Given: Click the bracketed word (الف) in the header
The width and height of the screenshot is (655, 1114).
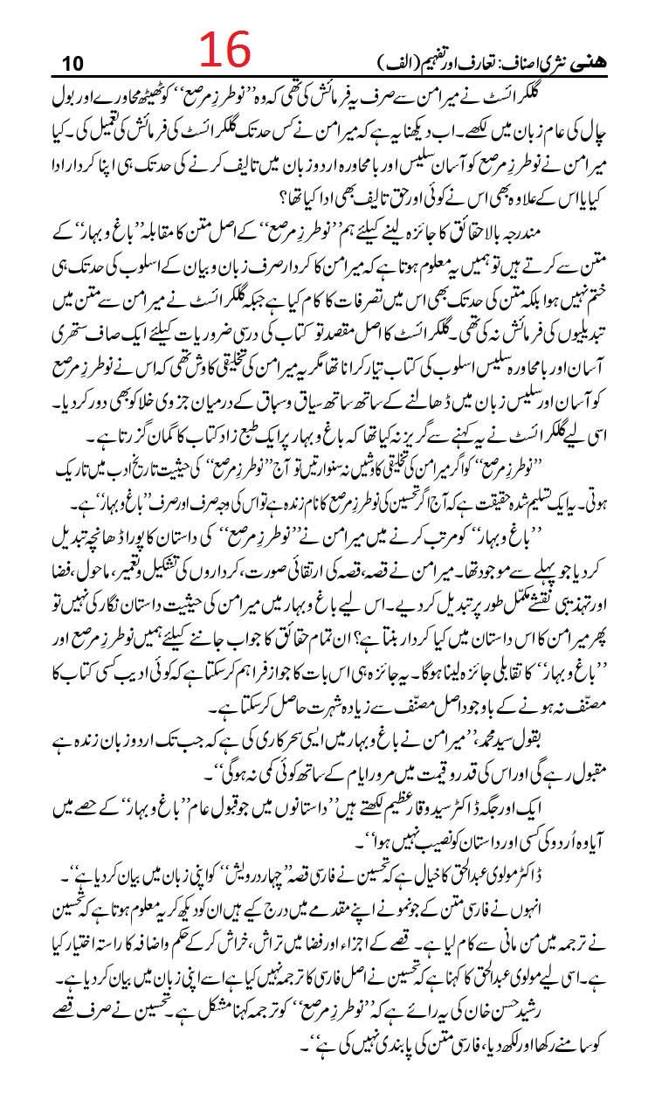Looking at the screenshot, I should [386, 63].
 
